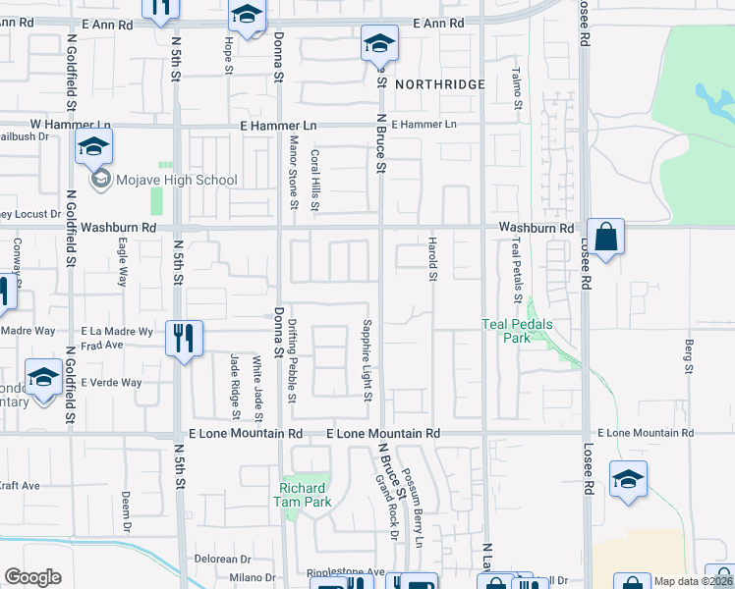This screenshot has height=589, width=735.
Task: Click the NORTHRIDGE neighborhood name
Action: click(440, 85)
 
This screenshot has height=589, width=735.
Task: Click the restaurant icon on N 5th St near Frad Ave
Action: click(184, 339)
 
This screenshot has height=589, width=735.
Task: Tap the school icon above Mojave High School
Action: click(92, 147)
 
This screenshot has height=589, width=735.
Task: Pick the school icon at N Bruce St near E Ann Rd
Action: click(379, 44)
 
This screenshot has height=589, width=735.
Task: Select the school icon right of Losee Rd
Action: click(628, 479)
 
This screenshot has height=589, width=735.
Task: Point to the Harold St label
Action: click(431, 257)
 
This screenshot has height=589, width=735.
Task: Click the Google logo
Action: click(32, 576)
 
